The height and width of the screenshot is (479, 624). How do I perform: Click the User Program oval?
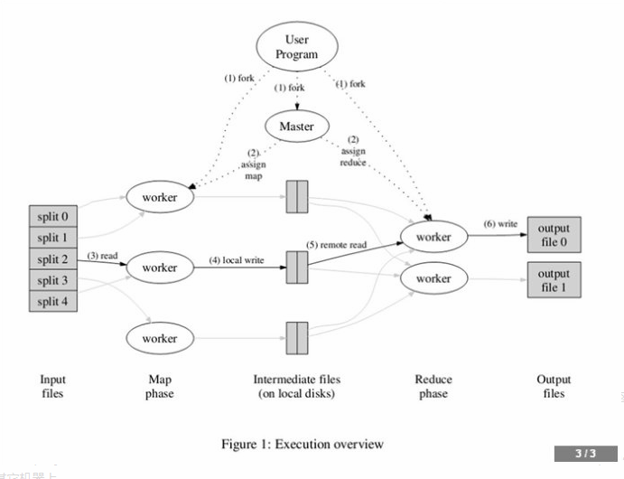click(x=296, y=47)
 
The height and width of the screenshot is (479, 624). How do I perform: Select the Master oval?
click(x=296, y=127)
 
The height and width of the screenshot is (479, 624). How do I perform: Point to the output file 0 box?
click(x=554, y=235)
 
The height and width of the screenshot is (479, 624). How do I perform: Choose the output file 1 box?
click(x=554, y=280)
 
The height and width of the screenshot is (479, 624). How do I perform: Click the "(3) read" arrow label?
click(x=104, y=256)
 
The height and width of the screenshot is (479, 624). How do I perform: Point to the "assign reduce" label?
click(x=353, y=157)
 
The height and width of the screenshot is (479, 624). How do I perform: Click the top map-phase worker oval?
click(x=160, y=196)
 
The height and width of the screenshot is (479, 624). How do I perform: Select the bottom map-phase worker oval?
click(x=160, y=338)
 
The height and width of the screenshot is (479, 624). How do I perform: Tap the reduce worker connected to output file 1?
click(x=433, y=278)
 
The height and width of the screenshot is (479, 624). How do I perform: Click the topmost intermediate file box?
click(x=297, y=196)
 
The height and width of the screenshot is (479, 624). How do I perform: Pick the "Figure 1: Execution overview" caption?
click(x=302, y=444)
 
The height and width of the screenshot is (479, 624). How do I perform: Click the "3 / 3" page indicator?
click(x=585, y=453)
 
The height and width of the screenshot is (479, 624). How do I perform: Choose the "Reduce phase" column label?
click(x=433, y=386)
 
